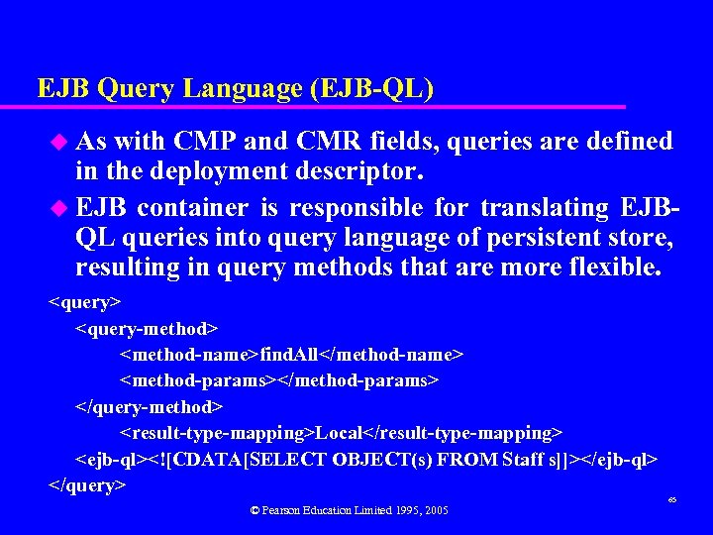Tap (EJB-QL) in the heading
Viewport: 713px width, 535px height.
coord(371,89)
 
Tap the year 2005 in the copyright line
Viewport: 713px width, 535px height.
coord(433,510)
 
